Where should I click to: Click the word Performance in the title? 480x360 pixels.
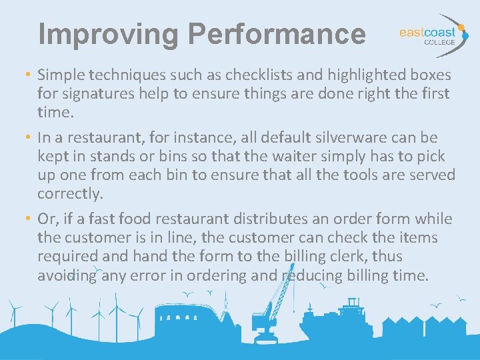(x=277, y=34)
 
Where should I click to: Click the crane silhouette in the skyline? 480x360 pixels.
(x=273, y=307)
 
